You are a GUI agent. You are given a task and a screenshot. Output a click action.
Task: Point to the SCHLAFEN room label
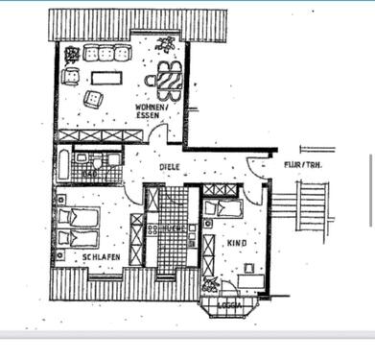(x=100, y=257)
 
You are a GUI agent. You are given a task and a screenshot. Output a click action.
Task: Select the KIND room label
(x=236, y=244)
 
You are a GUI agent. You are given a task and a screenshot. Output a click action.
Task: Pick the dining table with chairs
(x=170, y=80)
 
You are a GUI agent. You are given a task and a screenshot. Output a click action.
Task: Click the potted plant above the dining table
(x=167, y=44)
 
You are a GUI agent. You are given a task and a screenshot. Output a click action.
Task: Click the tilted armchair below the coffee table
(x=93, y=98)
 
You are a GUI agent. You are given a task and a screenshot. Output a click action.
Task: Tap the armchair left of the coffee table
(x=71, y=78)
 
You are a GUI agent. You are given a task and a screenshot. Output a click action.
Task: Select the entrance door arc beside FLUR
(x=257, y=168)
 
